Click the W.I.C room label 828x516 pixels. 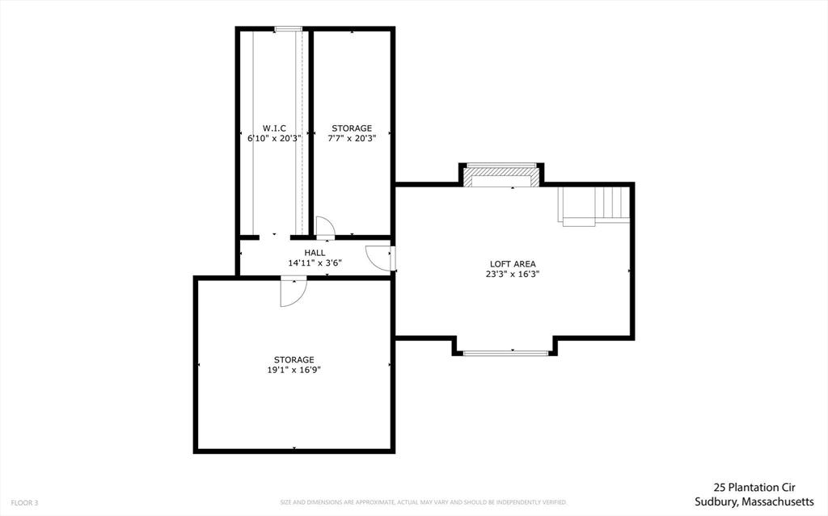pos(274,128)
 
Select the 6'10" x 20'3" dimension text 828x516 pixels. pos(274,139)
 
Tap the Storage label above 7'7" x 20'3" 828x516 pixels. pos(352,128)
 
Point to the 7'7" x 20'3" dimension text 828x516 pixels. pos(352,139)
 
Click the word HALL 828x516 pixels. pos(315,253)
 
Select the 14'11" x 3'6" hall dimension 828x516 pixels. pos(315,263)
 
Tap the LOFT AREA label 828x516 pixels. pos(513,264)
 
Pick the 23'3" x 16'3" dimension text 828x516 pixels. pos(513,275)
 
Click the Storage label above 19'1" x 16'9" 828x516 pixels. pos(294,360)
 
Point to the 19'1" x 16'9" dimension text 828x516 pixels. pos(294,371)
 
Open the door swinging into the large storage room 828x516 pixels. pos(293,292)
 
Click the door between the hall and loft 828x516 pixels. pos(380,258)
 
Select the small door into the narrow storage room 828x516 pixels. pos(324,228)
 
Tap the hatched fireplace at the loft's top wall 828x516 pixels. pos(502,172)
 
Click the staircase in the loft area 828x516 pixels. pos(594,205)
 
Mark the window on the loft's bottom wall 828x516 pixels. pos(505,353)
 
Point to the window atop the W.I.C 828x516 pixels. pos(288,30)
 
